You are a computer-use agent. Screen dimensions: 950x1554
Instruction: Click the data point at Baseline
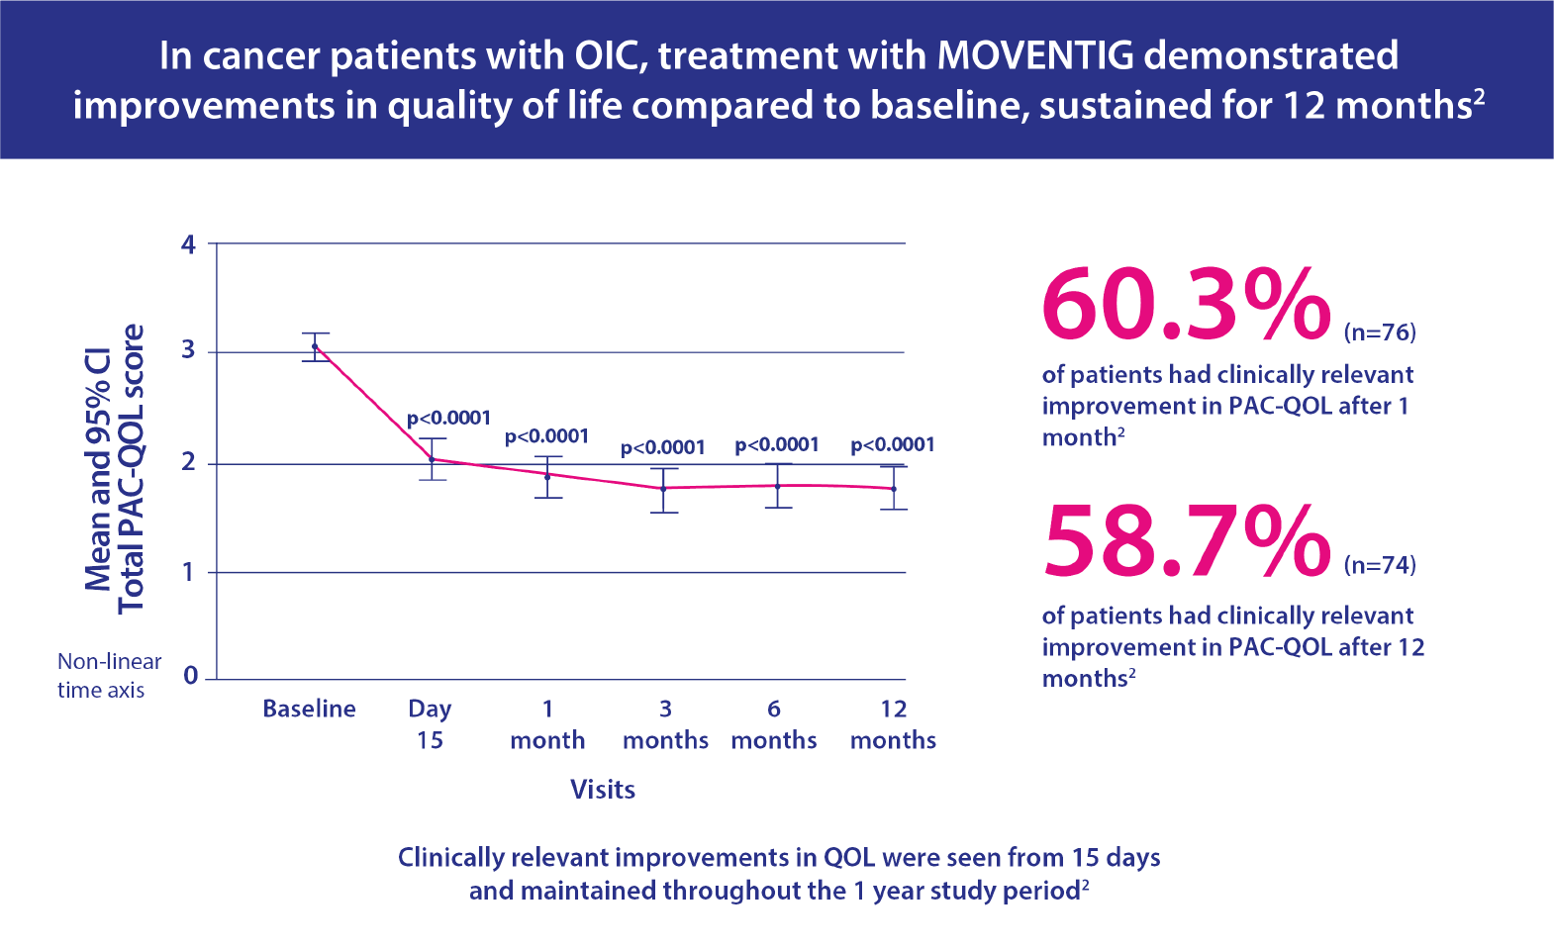point(315,346)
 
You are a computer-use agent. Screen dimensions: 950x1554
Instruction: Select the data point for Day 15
point(432,459)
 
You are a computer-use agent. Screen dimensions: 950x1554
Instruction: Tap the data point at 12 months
point(894,489)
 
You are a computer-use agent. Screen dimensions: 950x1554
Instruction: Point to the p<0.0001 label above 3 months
point(662,447)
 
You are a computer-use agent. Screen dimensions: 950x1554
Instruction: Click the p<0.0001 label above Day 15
point(448,418)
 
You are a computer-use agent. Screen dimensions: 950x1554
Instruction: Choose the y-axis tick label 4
point(188,244)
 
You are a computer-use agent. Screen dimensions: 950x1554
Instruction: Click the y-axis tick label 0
point(190,676)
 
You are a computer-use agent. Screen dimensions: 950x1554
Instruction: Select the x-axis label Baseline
point(309,709)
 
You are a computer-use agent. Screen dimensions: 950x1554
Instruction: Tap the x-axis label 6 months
point(774,724)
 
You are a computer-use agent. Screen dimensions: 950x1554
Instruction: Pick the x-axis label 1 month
point(547,724)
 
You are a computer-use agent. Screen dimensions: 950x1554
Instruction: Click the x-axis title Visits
point(603,790)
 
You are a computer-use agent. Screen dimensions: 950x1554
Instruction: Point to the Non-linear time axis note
point(108,676)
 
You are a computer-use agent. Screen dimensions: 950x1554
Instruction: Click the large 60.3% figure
point(1186,304)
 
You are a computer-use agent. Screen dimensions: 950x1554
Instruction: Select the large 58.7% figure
point(1186,541)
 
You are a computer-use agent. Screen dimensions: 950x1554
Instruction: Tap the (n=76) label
point(1380,332)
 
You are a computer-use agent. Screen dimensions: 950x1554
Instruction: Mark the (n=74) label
point(1380,565)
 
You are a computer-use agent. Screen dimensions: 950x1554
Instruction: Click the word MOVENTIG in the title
point(1035,55)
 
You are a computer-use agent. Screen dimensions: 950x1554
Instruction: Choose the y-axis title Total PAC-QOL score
point(131,468)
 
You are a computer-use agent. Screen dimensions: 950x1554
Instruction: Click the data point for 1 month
point(547,476)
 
